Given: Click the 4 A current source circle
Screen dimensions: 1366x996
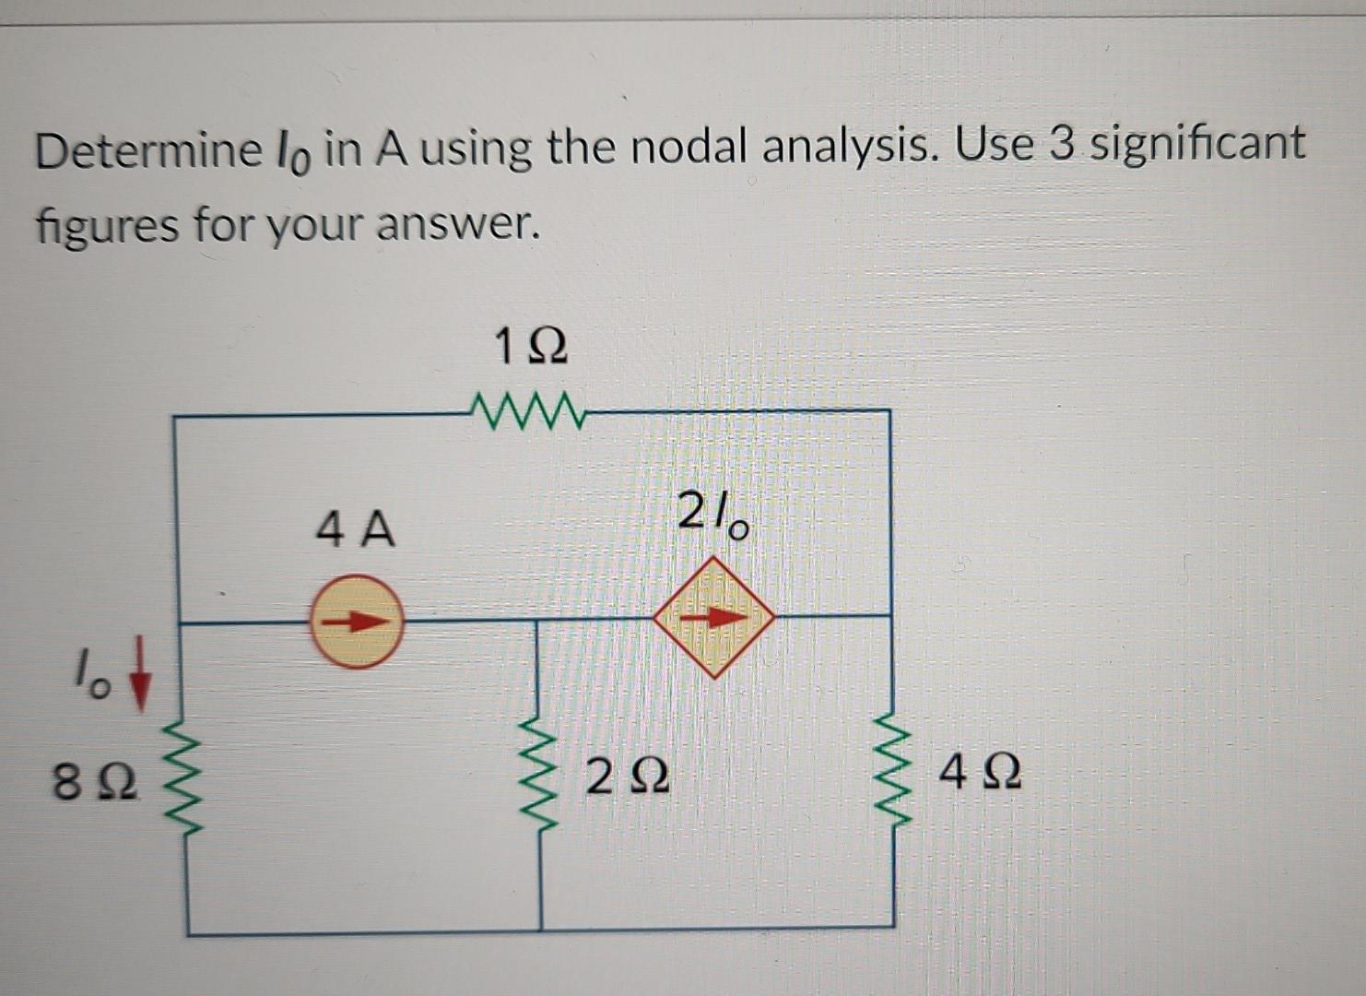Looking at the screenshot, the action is point(356,621).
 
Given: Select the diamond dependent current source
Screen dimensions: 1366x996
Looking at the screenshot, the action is point(714,616).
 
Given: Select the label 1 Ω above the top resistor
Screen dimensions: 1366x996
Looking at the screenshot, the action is point(530,348).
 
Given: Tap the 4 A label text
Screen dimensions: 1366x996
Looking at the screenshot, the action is point(355,530).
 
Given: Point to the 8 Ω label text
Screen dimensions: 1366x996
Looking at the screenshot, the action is point(95,783).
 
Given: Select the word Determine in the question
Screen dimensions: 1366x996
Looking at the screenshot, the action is point(148,150).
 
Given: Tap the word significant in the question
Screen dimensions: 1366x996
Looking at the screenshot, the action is point(1197,145).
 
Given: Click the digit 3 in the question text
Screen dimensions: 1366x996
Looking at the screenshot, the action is point(1062,145).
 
